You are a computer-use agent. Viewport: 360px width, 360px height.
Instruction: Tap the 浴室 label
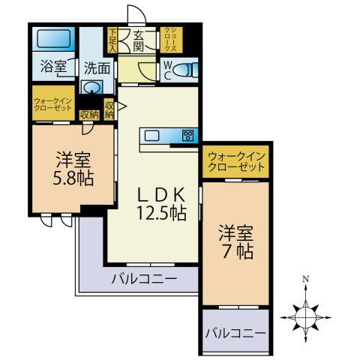point(52,67)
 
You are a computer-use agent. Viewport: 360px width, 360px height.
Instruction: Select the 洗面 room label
point(97,67)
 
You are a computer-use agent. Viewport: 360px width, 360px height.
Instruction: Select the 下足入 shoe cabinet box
point(112,40)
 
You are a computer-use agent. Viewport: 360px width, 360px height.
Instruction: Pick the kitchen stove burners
point(187,136)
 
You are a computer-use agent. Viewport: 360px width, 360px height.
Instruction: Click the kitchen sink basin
point(152,136)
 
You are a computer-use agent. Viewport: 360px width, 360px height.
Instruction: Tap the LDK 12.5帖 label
point(160,203)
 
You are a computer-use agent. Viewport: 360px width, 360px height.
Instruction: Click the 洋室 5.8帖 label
point(73,169)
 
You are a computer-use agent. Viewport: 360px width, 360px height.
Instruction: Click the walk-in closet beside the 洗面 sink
point(52,103)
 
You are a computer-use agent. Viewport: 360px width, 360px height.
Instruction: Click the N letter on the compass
point(306,279)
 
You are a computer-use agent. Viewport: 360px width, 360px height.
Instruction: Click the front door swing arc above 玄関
point(136,15)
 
